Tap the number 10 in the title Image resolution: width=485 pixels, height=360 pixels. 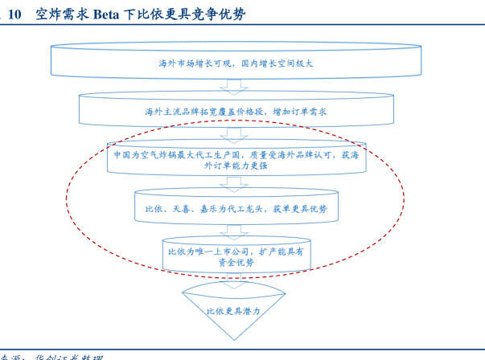[14, 14]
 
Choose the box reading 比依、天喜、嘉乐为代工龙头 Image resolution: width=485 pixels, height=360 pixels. [236, 208]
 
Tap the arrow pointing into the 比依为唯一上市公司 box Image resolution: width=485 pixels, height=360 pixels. [235, 231]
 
